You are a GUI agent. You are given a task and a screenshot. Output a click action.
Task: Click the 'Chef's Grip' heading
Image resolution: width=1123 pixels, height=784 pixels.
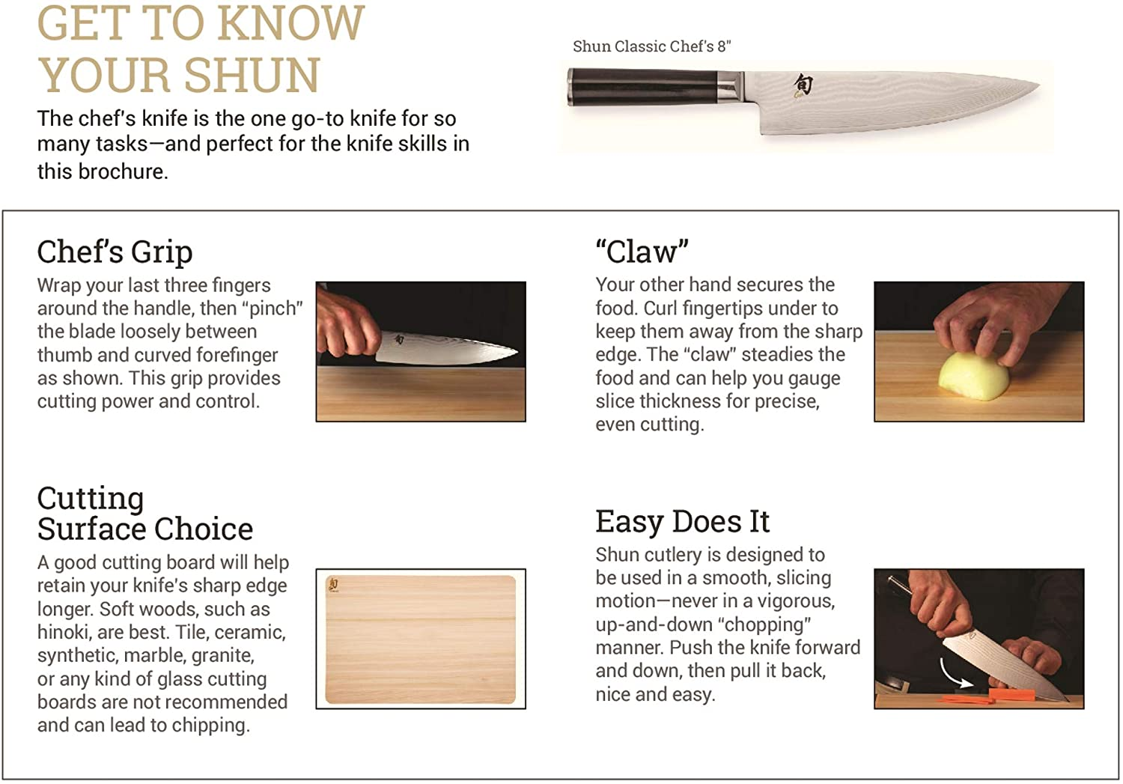pos(115,252)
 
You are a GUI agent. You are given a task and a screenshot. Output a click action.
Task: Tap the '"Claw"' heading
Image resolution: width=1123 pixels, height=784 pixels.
pos(642,252)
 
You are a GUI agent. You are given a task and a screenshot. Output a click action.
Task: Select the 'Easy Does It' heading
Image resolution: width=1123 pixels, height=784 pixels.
pos(682,521)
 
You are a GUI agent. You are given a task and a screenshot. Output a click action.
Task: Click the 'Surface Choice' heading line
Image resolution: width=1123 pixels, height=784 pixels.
pos(145,529)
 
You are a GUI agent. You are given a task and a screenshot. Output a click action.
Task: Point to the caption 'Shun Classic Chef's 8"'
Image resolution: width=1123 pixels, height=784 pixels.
pos(651,46)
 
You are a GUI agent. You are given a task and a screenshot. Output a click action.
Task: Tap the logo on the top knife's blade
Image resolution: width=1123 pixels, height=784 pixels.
pos(803,85)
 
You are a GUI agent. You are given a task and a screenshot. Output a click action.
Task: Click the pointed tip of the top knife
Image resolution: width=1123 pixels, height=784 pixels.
pos(1037,85)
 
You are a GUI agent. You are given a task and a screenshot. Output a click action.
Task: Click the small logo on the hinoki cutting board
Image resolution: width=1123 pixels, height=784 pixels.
pos(334,585)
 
